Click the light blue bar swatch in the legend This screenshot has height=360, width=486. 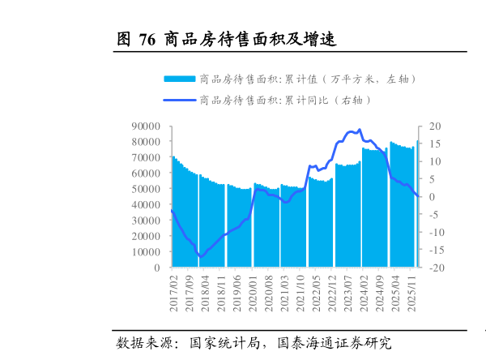click(180, 79)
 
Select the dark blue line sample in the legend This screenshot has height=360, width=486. click(180, 100)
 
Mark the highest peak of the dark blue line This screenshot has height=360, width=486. click(359, 130)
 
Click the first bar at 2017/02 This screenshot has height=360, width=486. click(173, 211)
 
